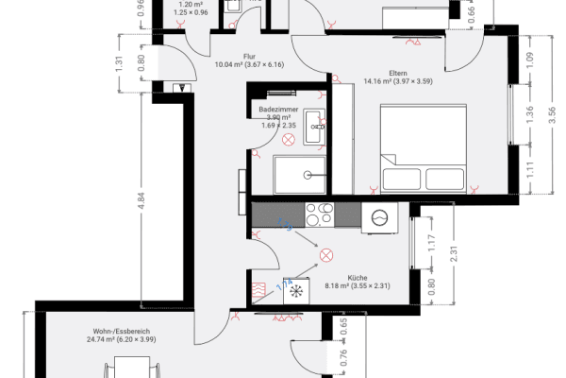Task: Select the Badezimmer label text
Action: point(278,110)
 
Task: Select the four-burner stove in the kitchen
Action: point(319,213)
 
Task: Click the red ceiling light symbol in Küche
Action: point(327,255)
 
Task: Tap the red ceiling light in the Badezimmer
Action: point(288,138)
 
